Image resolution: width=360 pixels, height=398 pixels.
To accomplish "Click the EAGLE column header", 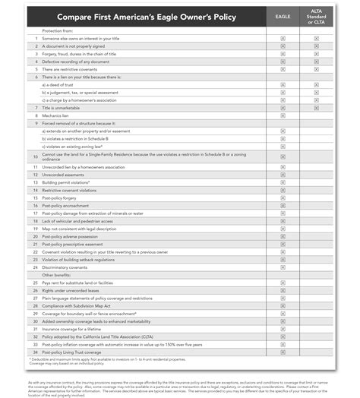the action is [283, 14].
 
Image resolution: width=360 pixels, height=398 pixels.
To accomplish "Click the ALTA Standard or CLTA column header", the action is [315, 14].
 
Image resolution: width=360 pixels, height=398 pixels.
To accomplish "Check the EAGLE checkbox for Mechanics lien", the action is [283, 115].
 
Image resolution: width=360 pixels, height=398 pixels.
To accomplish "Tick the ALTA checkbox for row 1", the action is [315, 37].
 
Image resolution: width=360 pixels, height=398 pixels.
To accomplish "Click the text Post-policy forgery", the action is [62, 197].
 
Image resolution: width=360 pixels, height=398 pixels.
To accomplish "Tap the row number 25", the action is [35, 282].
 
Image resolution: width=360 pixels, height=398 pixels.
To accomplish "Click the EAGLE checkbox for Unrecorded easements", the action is [283, 174].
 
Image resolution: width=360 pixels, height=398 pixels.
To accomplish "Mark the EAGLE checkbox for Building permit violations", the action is [283, 182].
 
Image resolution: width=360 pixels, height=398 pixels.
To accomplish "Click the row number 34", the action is [35, 350].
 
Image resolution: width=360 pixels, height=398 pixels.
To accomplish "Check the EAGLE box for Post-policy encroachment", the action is [283, 205].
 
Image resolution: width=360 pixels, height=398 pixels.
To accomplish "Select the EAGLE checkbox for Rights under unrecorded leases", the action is [283, 289].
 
